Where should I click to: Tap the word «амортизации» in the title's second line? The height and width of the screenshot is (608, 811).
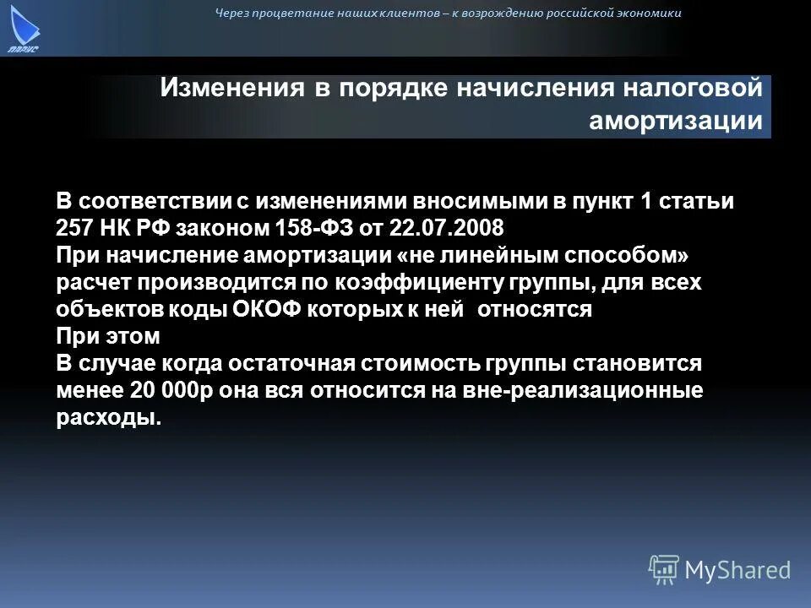(x=676, y=120)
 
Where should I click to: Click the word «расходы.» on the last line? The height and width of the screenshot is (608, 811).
(x=108, y=417)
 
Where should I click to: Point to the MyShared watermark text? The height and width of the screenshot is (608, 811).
(x=738, y=570)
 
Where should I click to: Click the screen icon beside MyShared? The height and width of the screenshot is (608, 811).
(x=664, y=569)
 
